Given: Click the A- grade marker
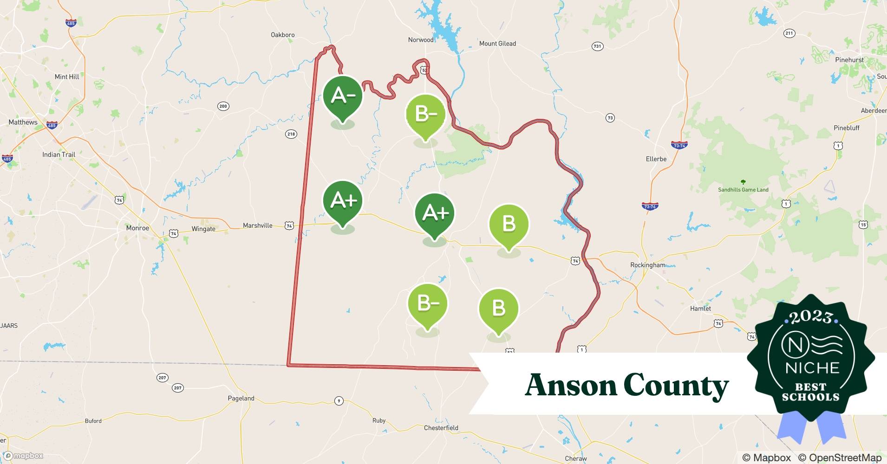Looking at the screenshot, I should point(343,96).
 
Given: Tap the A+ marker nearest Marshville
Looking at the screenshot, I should point(343,201).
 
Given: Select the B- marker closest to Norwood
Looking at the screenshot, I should point(425,114).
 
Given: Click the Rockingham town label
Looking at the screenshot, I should point(647,265).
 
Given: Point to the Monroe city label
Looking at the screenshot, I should point(137,228).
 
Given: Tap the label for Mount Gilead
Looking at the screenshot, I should point(497,44).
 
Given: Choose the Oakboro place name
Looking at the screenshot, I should point(282,35).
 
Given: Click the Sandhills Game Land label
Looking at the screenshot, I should point(743,189).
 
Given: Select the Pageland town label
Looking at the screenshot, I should point(241,398).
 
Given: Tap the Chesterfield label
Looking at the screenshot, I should point(441,428).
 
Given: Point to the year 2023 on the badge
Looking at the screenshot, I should point(810,317).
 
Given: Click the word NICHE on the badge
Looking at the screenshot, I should point(812,368).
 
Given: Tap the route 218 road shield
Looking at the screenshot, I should point(291,134).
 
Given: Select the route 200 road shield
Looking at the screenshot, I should point(223,106).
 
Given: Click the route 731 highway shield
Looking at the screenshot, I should point(597,46).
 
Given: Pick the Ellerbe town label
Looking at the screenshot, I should point(656,159).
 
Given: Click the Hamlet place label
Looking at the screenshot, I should point(700,308).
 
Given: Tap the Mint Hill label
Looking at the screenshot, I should point(67,77).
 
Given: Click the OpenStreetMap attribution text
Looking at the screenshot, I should point(840,458).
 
